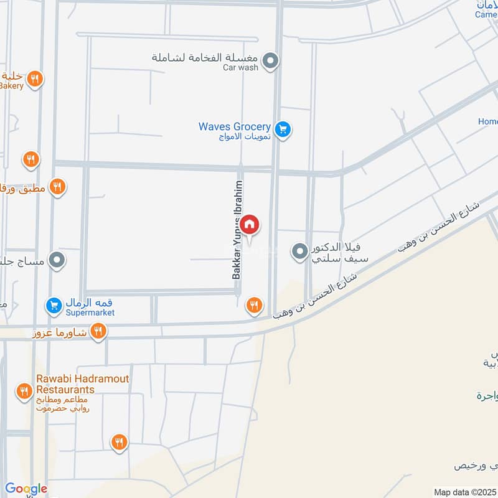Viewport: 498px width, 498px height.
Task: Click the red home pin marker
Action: (x=250, y=225)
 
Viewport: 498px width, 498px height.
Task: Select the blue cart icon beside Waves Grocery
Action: (x=283, y=129)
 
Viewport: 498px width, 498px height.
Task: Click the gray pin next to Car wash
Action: (x=270, y=61)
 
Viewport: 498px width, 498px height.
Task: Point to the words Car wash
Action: (x=240, y=68)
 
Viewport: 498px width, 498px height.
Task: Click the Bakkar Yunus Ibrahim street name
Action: (x=237, y=230)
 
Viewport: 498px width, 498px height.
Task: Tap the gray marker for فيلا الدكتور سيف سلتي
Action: (x=300, y=251)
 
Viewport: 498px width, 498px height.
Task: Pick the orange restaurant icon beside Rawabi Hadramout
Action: (x=24, y=392)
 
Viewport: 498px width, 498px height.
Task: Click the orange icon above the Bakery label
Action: (x=35, y=79)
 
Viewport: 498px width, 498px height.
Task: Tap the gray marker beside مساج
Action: (x=57, y=260)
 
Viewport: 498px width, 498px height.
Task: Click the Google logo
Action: (x=26, y=489)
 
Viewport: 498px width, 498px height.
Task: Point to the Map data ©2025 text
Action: (x=464, y=492)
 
